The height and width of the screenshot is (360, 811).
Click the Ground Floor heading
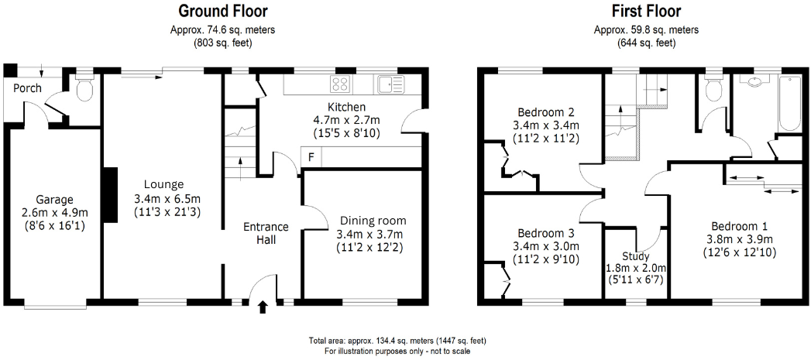tap(223, 11)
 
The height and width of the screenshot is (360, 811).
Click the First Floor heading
tap(646, 11)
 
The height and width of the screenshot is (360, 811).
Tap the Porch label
tap(27, 88)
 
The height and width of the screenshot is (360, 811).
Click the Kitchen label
tap(346, 107)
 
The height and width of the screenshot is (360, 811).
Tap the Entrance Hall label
tap(266, 233)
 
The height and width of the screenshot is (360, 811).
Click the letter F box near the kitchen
tap(311, 157)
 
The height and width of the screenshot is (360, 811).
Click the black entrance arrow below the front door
tap(263, 307)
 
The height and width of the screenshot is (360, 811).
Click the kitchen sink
tap(390, 83)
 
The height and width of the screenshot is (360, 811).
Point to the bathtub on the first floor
tap(789, 104)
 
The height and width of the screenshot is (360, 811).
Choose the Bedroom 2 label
tap(545, 111)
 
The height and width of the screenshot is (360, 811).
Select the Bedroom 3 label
tap(546, 233)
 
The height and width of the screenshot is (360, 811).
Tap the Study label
tap(635, 256)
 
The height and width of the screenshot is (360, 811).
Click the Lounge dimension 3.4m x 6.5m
tap(167, 198)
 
